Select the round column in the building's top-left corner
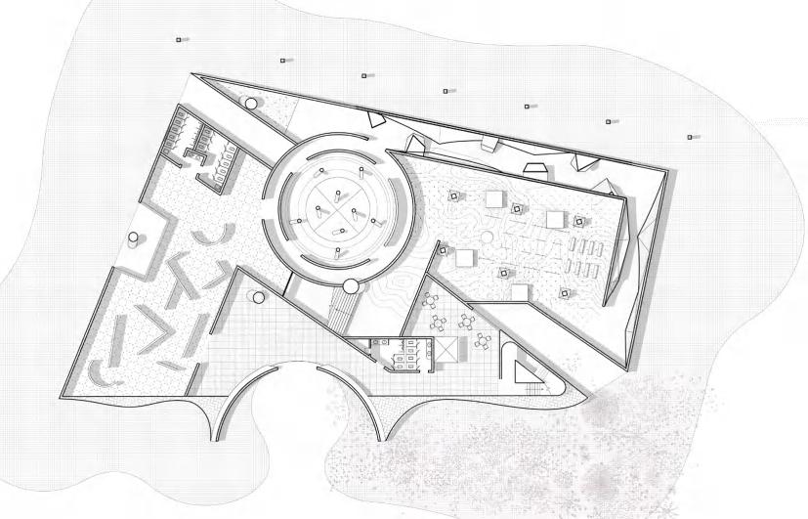pos(251,103)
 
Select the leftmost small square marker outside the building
pos(178,39)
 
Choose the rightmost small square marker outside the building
pos(691,137)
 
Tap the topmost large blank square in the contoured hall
pos(494,199)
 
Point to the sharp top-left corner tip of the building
pos(192,73)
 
